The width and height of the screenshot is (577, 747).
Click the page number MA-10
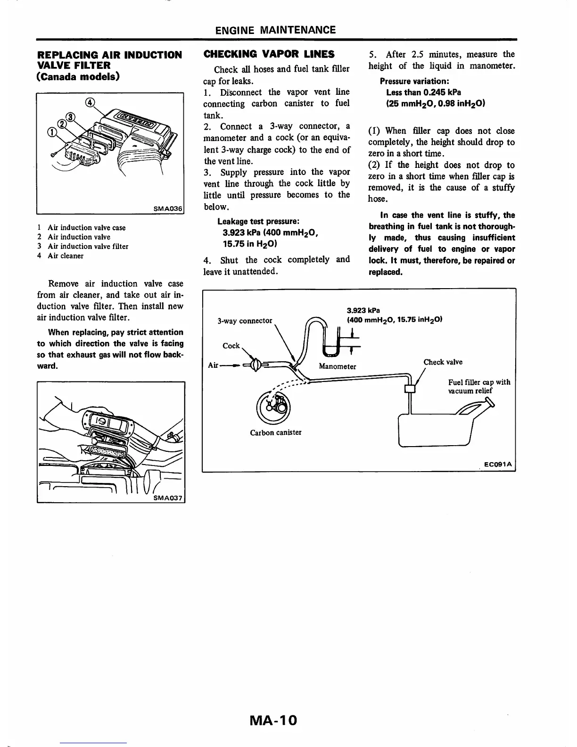coord(274,721)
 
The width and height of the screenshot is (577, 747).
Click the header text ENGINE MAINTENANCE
coord(275,30)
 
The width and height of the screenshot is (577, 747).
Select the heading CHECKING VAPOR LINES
coord(269,54)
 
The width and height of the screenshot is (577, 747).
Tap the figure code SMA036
coord(168,208)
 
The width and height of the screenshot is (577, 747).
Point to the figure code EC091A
coord(500,465)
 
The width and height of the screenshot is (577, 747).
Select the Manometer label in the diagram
coord(337,366)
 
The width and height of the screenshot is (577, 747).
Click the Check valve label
coord(443,362)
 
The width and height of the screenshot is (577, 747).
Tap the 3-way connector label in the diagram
coord(245,321)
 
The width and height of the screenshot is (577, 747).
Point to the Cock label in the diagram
coord(231,346)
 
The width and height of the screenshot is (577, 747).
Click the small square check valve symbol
coord(410,389)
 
